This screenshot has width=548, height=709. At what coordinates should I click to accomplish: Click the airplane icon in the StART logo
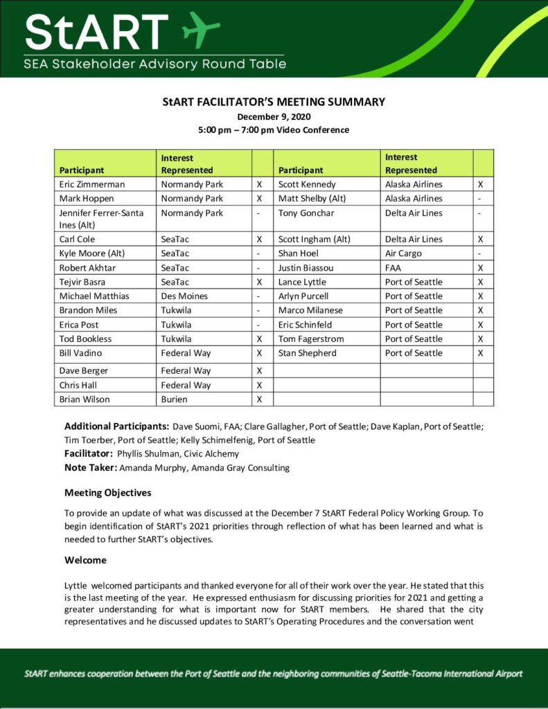point(200,28)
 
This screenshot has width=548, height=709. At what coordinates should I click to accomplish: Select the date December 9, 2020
point(274,116)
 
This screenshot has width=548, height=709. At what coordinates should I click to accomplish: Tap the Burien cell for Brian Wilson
point(176,400)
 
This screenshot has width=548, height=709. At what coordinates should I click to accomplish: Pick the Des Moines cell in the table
point(185,296)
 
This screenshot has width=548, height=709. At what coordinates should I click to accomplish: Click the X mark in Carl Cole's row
point(259,240)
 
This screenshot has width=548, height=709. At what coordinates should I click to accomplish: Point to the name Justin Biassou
point(307,268)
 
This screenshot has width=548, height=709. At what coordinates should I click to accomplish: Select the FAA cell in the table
point(394,268)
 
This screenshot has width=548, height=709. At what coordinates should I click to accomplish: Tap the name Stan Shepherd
point(307,353)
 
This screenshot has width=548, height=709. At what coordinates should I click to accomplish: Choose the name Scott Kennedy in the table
point(307,185)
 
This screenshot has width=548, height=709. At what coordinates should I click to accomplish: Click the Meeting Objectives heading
point(107,493)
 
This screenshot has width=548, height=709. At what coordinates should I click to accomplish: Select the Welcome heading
point(85,559)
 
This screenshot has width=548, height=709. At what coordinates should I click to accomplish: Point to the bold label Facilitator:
point(89,454)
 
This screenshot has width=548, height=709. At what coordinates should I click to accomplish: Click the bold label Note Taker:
point(91,468)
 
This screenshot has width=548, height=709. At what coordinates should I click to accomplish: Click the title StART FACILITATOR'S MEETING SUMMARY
point(274,102)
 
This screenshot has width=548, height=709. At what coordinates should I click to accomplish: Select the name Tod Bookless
point(85,339)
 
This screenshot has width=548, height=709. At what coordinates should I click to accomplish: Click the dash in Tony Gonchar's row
point(483,213)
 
